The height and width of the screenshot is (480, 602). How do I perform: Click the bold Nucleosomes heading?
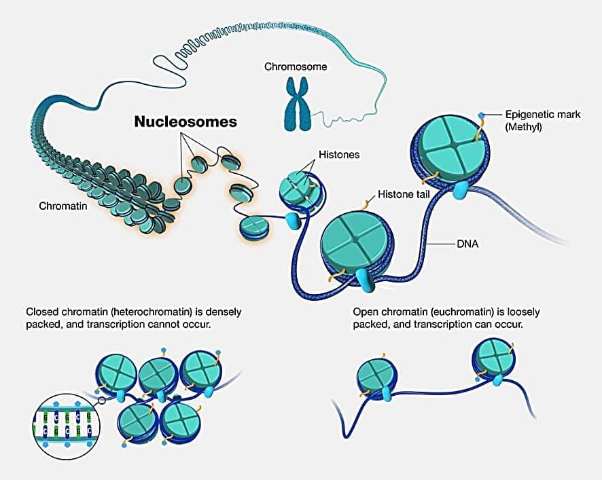coord(185,122)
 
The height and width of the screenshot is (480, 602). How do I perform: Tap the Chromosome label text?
coord(296,67)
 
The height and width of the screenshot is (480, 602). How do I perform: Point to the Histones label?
coord(338,155)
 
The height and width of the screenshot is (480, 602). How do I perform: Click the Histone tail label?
coord(403,195)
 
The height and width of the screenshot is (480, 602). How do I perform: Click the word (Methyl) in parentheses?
coord(524,127)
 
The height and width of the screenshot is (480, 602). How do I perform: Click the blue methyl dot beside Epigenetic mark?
coord(482,116)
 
